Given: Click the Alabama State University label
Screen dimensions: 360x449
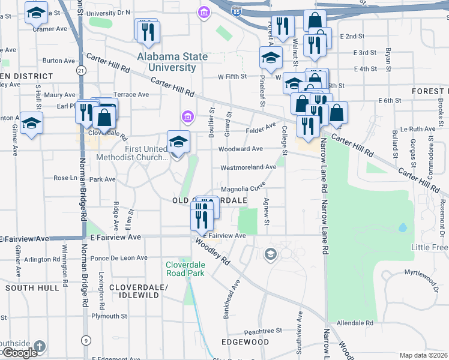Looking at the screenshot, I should [172, 62].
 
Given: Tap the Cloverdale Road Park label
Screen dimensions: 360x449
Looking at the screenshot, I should [185, 268].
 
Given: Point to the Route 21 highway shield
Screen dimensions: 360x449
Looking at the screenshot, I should [80, 71].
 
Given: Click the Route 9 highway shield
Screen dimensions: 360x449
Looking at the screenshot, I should [87, 341].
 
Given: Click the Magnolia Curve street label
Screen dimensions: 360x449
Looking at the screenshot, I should [243, 188].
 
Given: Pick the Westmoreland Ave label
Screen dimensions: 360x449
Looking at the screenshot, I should [248, 167].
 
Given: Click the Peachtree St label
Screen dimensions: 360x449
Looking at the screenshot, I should [263, 331].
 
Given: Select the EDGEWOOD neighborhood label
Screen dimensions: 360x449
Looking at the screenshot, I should [245, 342].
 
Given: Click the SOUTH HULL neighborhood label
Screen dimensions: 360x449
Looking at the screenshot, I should [32, 288].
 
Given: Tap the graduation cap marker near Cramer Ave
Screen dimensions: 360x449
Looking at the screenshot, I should [37, 12].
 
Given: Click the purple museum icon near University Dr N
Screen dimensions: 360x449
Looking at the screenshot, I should [204, 12].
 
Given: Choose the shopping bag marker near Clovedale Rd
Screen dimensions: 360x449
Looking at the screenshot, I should [104, 117].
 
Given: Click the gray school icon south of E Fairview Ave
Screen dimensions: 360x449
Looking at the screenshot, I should [271, 254].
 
